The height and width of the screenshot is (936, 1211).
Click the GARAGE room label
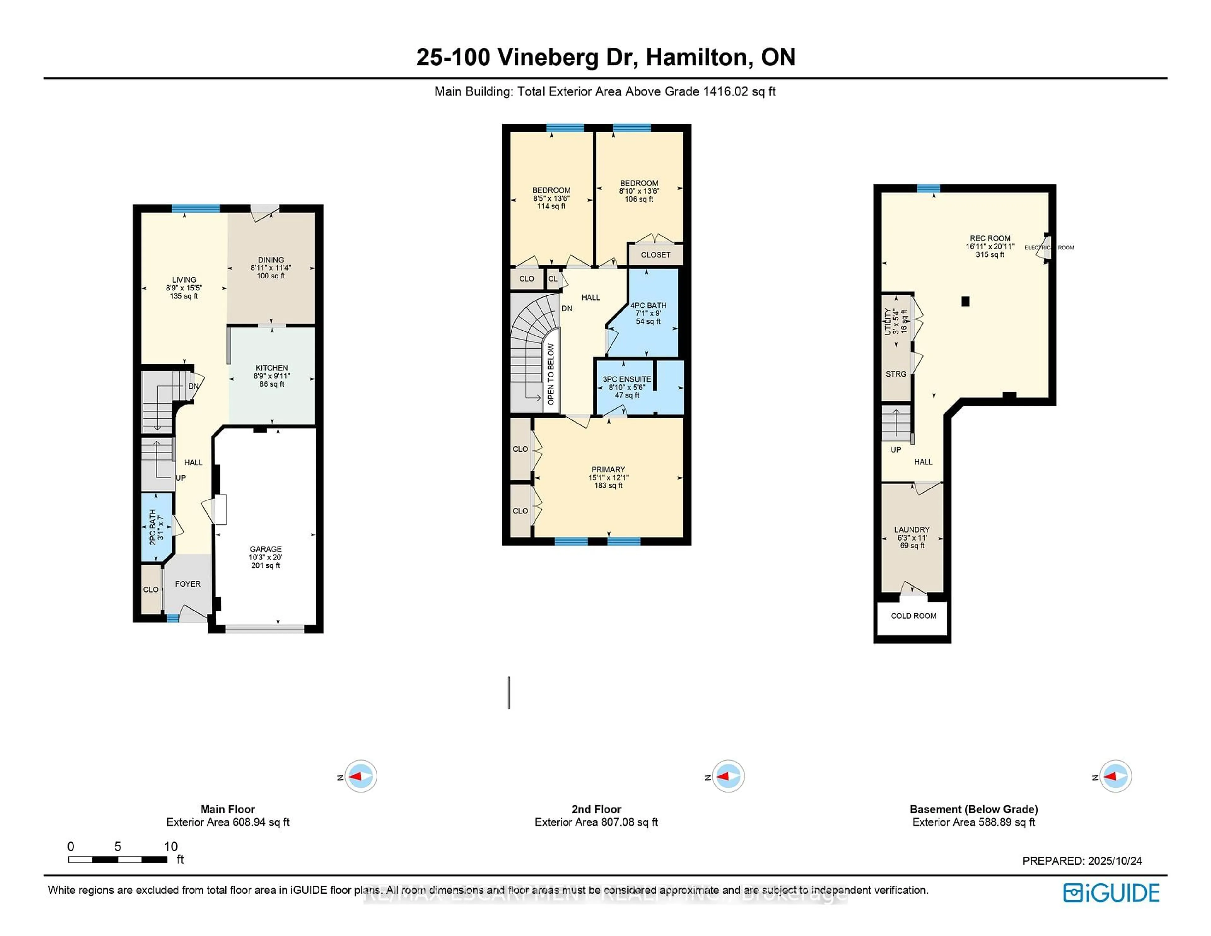(x=266, y=549)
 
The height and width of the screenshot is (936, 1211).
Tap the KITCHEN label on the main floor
(x=272, y=368)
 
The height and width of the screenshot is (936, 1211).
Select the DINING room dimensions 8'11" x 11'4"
(x=271, y=268)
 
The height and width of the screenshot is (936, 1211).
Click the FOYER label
(x=188, y=584)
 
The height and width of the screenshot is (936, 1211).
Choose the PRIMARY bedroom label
(x=608, y=469)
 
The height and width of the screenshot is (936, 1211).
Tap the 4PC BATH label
(x=648, y=306)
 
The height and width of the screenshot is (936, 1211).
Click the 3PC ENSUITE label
(x=627, y=379)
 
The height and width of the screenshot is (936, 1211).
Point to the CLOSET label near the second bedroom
(x=655, y=255)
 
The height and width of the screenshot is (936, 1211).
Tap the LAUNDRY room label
(x=912, y=529)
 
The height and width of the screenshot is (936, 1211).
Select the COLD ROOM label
(x=913, y=616)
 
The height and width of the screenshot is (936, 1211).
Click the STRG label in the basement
(x=896, y=374)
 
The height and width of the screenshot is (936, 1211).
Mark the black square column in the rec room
(x=965, y=302)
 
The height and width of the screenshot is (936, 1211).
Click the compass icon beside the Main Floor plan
(x=360, y=776)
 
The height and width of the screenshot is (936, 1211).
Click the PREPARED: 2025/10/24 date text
(x=1082, y=861)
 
